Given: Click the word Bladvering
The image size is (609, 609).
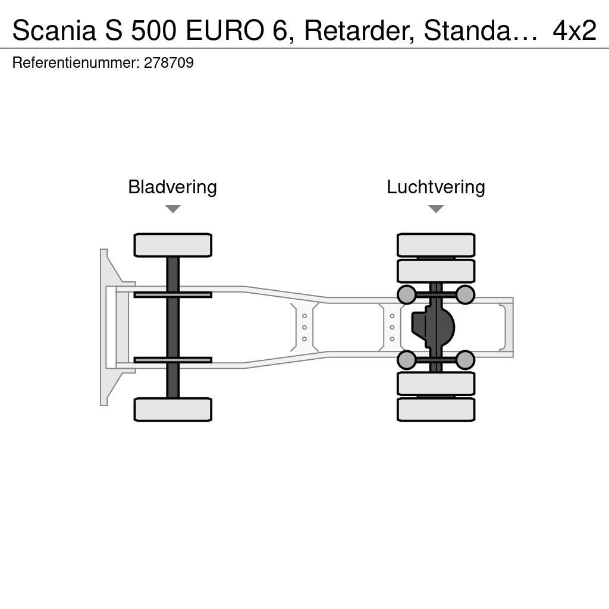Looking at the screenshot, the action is point(172,187).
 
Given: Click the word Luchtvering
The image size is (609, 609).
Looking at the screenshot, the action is point(436,187).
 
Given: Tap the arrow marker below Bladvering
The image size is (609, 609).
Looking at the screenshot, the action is point(173,209).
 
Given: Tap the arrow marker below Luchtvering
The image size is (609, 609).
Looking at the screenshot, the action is point(436,209).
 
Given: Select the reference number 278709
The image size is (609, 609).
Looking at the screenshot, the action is point(168,62).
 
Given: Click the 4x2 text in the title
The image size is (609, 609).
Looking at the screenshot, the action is point(575,30).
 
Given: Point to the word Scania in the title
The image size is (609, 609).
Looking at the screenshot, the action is point(54,30).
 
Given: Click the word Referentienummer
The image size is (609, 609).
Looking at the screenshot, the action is point(76,62).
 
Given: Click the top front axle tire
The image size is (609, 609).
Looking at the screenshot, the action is point(173,245).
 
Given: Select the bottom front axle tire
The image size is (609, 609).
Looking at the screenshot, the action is point(173,409).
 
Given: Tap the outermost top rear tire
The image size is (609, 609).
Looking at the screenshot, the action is point(436,245).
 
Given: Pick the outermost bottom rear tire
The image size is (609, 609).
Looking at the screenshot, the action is point(436,409).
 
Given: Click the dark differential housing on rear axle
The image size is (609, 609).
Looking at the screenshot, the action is point(433,327).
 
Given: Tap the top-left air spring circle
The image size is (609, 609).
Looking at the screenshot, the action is point(407,294).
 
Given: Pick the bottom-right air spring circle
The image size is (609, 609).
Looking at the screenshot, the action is point(465,360).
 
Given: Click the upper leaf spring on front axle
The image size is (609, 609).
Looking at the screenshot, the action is point(173,295).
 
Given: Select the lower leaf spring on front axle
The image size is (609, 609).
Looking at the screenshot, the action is point(173,360).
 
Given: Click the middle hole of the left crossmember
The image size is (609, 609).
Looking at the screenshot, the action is point(304,328).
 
